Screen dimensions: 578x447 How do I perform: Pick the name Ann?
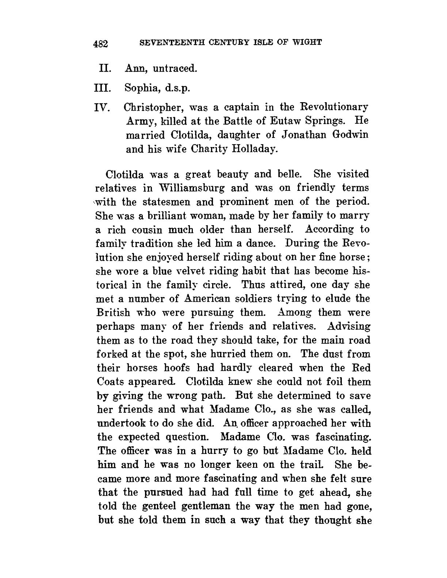134,68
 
